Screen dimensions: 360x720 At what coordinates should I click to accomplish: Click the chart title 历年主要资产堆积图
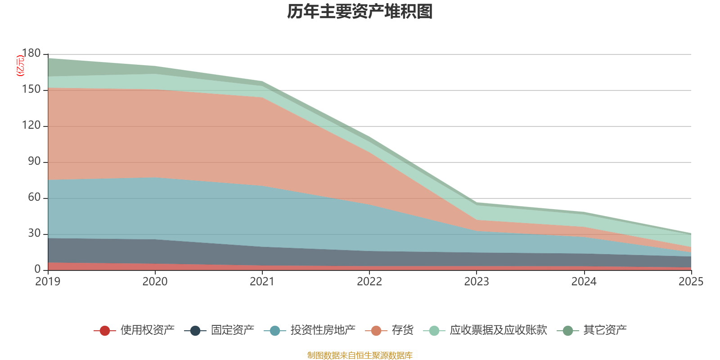click(360, 12)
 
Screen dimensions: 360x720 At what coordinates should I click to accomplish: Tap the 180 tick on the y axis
click(31, 53)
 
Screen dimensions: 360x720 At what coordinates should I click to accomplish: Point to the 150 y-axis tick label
click(31, 90)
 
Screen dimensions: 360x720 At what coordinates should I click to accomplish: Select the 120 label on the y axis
click(31, 126)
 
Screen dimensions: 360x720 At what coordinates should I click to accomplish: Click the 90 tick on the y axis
click(34, 162)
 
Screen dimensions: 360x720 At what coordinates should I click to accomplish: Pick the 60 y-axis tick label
click(34, 198)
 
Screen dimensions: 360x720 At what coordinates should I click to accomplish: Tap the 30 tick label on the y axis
click(34, 234)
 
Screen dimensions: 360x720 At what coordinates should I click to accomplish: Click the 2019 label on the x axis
click(48, 282)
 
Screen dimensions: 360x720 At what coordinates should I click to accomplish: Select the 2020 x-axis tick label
click(155, 282)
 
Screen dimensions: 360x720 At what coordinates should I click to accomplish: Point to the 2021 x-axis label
click(262, 282)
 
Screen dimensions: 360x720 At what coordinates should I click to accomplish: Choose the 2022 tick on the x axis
click(369, 282)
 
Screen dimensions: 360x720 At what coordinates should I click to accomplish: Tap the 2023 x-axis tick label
click(477, 282)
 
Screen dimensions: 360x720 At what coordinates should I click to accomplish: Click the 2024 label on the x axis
click(584, 282)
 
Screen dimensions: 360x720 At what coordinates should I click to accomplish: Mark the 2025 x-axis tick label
click(691, 282)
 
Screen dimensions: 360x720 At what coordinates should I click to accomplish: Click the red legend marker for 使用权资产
click(105, 331)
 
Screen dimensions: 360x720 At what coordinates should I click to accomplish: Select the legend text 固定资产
click(232, 330)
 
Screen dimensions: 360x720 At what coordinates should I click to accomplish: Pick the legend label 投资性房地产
click(323, 330)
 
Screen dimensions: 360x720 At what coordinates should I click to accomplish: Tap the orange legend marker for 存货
click(376, 331)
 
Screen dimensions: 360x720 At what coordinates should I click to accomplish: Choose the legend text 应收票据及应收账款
click(498, 330)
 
